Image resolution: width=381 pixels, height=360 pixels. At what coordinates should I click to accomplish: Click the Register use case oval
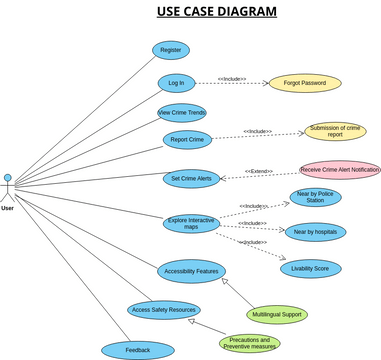171,50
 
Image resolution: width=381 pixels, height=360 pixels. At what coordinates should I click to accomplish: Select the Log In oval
176,83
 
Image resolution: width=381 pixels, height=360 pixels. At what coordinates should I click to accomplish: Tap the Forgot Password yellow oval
304,83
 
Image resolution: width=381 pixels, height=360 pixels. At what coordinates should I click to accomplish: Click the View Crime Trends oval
182,112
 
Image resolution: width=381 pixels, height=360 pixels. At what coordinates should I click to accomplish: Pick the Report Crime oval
187,140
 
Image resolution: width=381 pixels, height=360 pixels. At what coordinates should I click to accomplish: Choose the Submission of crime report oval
335,132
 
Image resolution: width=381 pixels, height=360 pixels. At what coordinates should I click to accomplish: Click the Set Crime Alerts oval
191,178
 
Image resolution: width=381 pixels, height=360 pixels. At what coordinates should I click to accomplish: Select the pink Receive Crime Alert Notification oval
340,170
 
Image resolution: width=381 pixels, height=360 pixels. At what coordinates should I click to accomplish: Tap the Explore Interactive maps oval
205,223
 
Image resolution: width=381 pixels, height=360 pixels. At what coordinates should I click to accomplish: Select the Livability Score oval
310,269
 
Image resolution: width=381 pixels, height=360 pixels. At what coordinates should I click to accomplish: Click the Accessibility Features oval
192,271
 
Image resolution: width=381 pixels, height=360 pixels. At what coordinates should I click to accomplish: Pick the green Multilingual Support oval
277,314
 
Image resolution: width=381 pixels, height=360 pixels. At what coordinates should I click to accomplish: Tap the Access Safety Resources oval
164,310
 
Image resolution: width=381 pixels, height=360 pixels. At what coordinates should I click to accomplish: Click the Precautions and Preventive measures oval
250,343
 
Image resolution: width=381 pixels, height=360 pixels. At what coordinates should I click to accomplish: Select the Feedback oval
138,350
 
